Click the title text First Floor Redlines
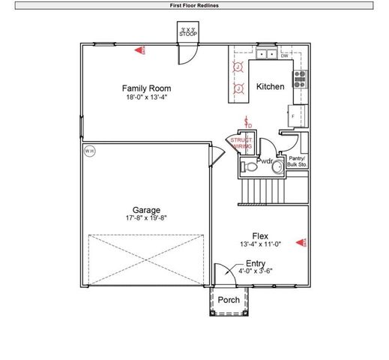click(x=195, y=5)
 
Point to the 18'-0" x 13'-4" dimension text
click(x=146, y=97)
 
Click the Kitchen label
click(x=271, y=87)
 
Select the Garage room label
click(x=146, y=210)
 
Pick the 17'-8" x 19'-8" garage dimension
click(x=146, y=218)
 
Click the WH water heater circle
click(x=89, y=151)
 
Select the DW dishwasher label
click(x=285, y=55)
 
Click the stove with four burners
click(x=300, y=79)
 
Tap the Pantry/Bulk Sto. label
click(x=298, y=160)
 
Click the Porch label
click(x=229, y=300)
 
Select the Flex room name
click(x=260, y=235)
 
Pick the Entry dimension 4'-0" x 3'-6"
click(x=255, y=271)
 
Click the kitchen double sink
click(x=265, y=55)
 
